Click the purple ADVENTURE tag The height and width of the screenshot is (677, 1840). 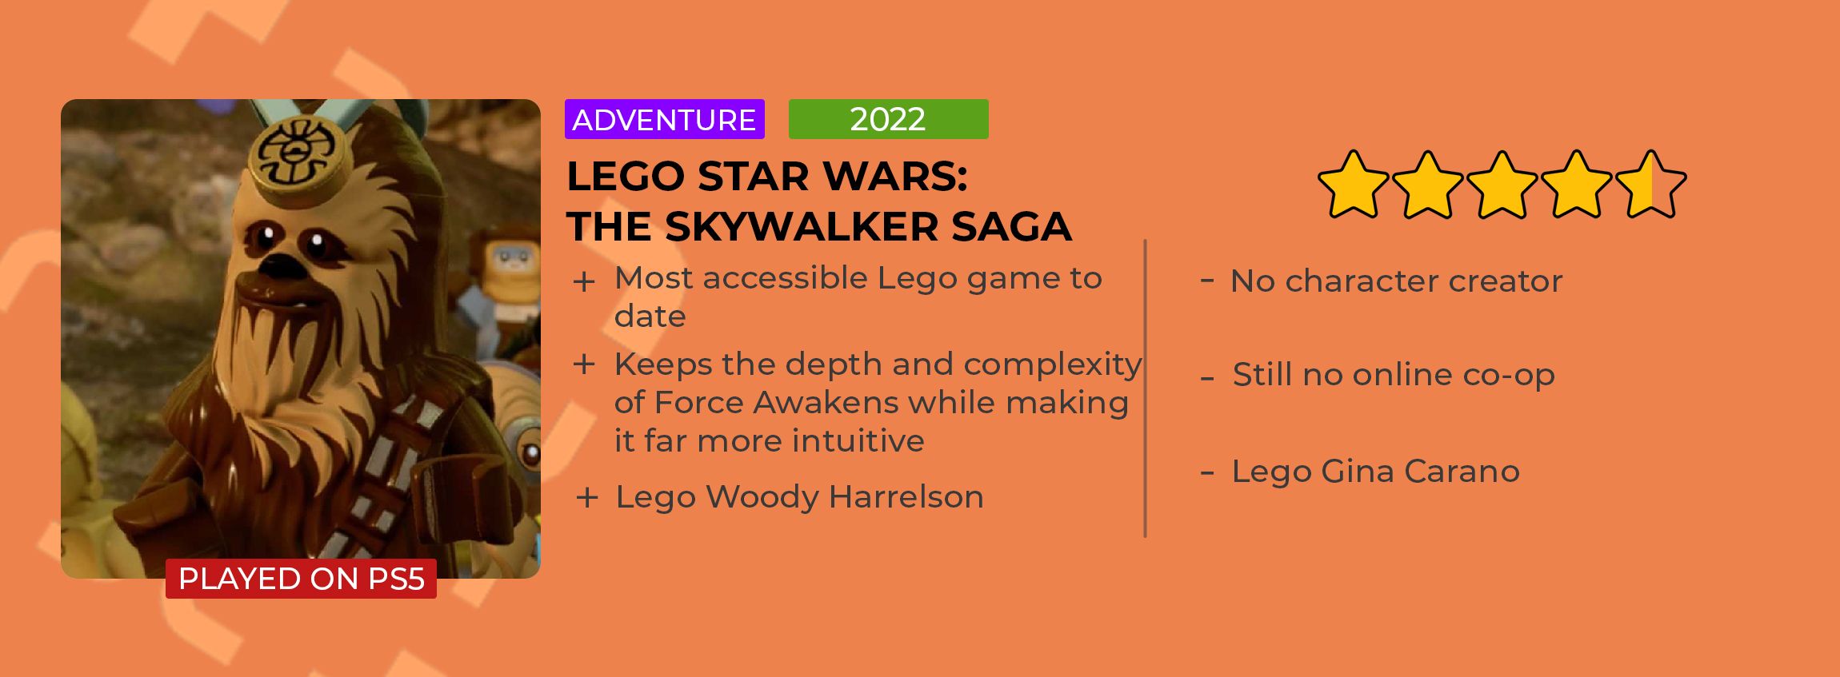coord(665,119)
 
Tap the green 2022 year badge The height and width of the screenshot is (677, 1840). coord(888,119)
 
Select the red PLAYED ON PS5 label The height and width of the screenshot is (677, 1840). coord(301,579)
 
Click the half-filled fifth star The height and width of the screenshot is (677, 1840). coord(1650,185)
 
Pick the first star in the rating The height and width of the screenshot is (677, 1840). coord(1353,185)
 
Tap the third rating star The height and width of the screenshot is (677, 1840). coord(1502,185)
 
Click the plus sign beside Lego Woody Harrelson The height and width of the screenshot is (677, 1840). coord(587,498)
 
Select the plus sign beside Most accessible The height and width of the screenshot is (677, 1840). coord(584,282)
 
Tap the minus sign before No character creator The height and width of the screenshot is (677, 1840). coord(1207,280)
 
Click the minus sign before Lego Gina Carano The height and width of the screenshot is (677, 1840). coord(1207,472)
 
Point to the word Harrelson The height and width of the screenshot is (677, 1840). coord(906,497)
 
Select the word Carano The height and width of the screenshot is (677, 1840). coord(1461,472)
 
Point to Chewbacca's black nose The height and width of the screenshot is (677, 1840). coord(279,268)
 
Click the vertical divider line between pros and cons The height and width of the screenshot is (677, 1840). coord(1146,388)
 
